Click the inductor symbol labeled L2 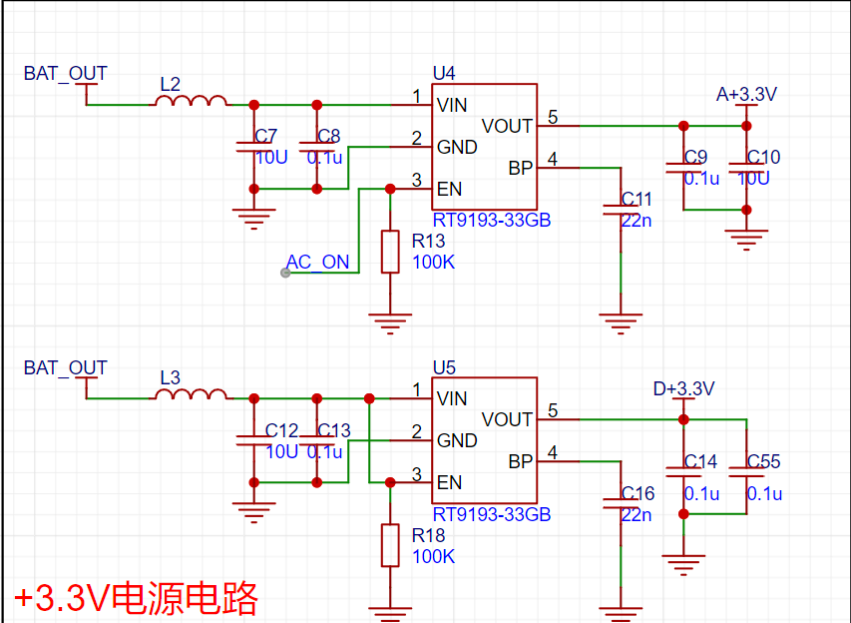click(191, 101)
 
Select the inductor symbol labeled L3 click(191, 394)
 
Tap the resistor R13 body click(390, 252)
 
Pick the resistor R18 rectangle click(390, 545)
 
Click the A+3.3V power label click(746, 94)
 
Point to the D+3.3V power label click(683, 389)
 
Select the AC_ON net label click(318, 262)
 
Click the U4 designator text click(444, 73)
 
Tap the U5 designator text click(444, 367)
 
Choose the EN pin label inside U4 click(449, 189)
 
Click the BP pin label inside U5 click(521, 461)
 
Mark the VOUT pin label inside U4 click(507, 126)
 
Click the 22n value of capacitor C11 click(637, 221)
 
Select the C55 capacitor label click(763, 461)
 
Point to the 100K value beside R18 click(433, 556)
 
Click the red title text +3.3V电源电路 click(136, 597)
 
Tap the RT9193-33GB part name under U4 click(492, 220)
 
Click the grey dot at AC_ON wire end click(285, 273)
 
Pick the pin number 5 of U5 click(553, 410)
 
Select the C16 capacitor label click(638, 493)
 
